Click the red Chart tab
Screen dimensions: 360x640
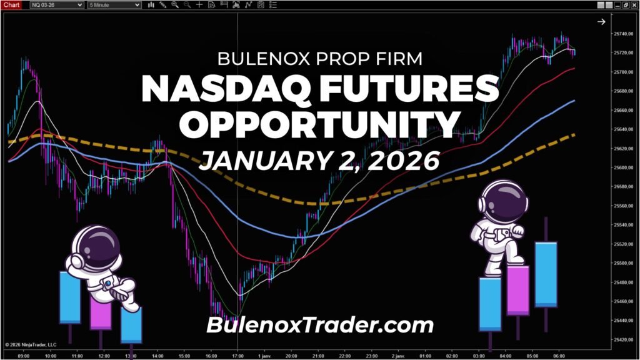pyautogui.click(x=12, y=4)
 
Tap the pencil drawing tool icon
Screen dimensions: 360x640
pyautogui.click(x=163, y=4)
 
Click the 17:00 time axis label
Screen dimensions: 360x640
pyautogui.click(x=237, y=355)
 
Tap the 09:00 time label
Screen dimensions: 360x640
pyautogui.click(x=24, y=355)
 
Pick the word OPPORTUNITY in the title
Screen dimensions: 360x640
pyautogui.click(x=319, y=124)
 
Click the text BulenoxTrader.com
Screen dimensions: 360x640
pyautogui.click(x=319, y=325)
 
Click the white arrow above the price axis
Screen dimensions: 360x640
pyautogui.click(x=601, y=22)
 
